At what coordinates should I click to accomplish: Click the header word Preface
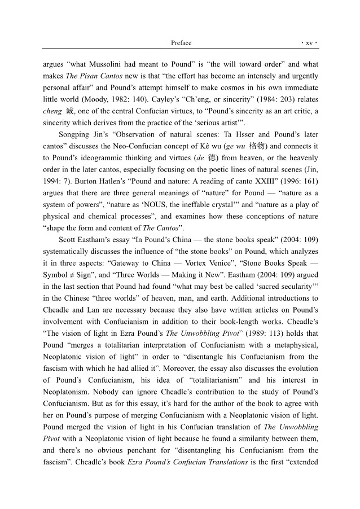tap(181, 43)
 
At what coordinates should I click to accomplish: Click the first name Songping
tap(75, 135)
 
